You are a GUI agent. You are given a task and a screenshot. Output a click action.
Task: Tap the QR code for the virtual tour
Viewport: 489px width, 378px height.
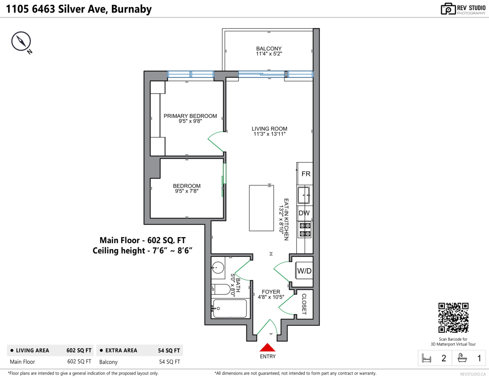point(453,318)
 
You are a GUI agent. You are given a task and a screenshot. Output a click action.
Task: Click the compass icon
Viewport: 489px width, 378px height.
point(21,42)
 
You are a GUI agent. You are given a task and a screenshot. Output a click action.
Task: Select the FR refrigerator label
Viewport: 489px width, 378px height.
point(306,174)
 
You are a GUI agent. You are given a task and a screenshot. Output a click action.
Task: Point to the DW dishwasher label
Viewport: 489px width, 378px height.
point(304,213)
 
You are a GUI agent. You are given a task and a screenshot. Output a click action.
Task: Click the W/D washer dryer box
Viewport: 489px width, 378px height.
point(304,271)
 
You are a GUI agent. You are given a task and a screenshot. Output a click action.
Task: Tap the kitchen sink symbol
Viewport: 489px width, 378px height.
point(304,195)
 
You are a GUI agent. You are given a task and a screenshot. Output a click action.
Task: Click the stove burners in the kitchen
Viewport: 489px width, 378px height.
point(305,229)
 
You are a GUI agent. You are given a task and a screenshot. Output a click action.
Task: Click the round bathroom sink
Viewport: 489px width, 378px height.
point(218,268)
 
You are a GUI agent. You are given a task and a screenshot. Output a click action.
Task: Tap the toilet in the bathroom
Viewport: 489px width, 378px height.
point(222,289)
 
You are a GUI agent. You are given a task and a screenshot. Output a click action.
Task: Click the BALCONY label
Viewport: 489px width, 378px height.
point(269,49)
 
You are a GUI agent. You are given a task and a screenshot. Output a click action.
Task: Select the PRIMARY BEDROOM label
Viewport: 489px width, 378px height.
point(190,116)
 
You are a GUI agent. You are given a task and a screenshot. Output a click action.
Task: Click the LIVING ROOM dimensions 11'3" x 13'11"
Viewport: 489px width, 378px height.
point(269,134)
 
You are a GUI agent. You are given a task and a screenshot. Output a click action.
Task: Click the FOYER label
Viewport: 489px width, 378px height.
point(271,292)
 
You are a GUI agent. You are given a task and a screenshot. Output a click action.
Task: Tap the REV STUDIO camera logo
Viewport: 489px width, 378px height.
point(448,9)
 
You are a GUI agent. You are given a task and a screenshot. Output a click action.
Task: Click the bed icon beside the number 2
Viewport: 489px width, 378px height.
point(427,358)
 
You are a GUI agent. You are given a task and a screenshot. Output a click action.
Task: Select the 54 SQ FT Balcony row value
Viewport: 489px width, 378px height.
point(170,362)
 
